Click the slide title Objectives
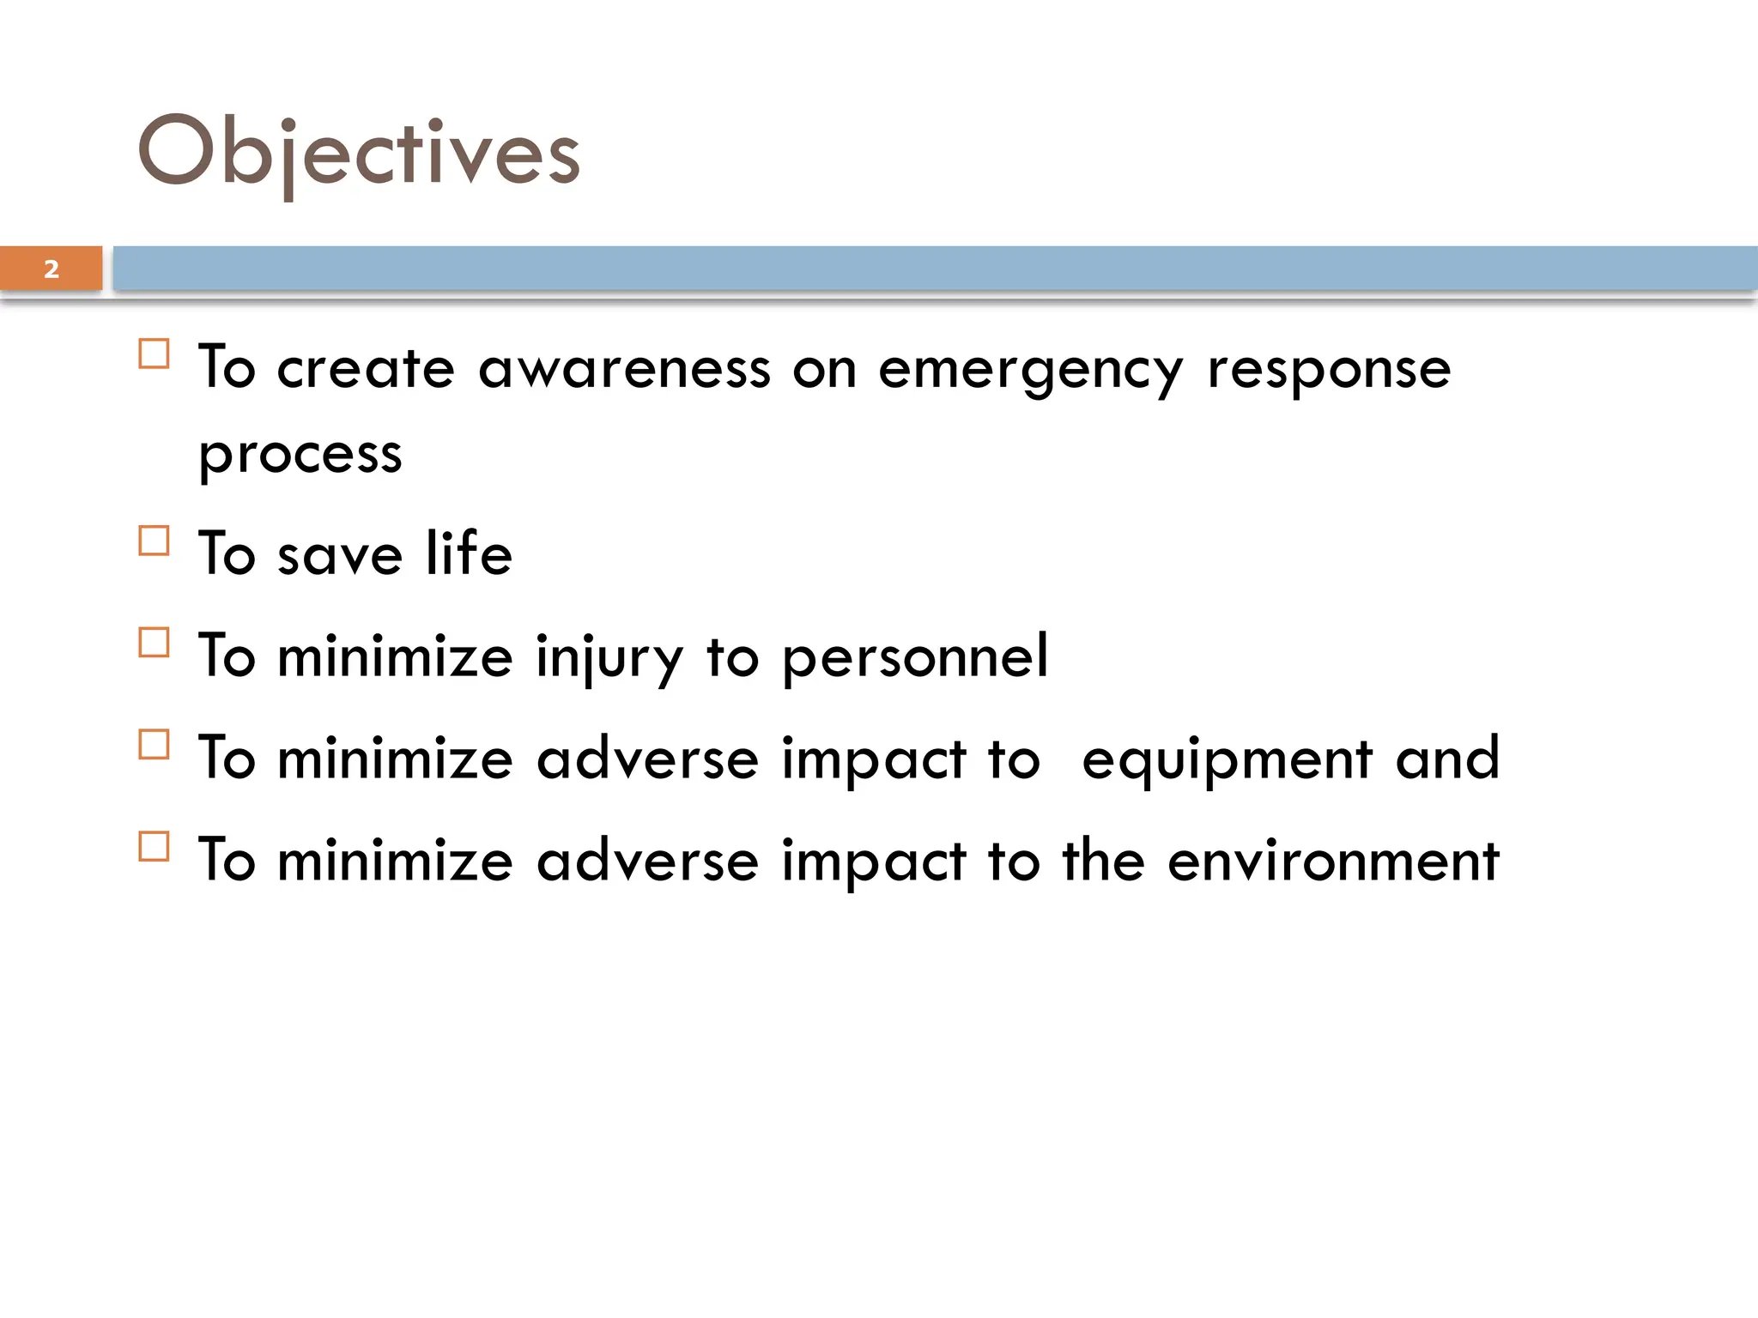359,153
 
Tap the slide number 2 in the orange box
52,269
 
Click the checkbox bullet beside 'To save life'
154,541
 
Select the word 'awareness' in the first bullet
624,370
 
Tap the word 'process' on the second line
300,455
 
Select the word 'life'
469,553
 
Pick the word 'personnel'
915,657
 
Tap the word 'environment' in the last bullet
1332,862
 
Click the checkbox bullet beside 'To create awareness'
154,354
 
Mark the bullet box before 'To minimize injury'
154,643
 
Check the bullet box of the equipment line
154,745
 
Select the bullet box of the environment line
154,847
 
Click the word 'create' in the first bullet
366,370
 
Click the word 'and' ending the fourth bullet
1447,759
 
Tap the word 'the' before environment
1103,861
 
